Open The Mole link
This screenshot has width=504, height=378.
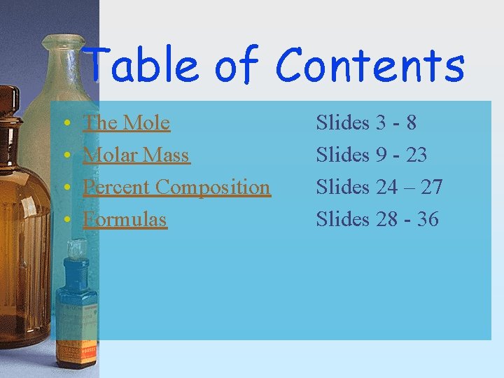click(126, 123)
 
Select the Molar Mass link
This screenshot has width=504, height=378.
click(136, 155)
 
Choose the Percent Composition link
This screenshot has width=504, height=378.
click(176, 188)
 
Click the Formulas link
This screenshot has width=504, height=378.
click(125, 220)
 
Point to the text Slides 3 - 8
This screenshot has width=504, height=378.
click(366, 123)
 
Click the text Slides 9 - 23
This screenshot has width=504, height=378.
click(372, 155)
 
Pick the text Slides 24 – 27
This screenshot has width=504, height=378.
click(379, 188)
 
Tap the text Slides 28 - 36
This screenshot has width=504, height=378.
click(377, 220)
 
